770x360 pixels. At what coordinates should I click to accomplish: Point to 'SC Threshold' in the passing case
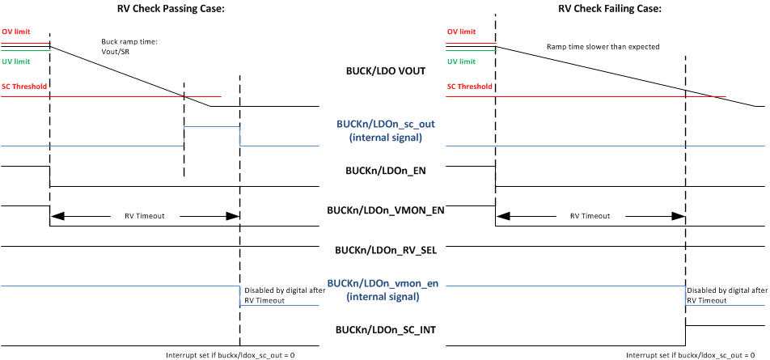[23, 86]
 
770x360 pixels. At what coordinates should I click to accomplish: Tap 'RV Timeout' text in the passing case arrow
[144, 217]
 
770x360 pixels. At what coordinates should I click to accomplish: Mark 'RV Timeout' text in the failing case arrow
[590, 217]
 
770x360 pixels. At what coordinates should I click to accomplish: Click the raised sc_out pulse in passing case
[212, 127]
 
